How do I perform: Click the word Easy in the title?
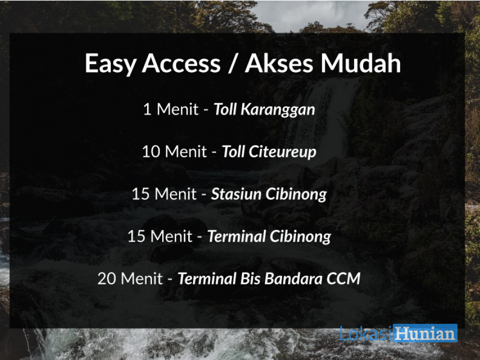110,63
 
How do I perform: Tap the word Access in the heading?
181,63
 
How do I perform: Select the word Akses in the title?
279,63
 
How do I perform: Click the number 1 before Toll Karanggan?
147,109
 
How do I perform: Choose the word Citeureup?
282,152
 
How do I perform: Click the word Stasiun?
236,194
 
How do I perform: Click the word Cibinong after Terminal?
300,237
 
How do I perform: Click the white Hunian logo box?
425,333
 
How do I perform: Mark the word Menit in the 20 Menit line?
142,279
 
